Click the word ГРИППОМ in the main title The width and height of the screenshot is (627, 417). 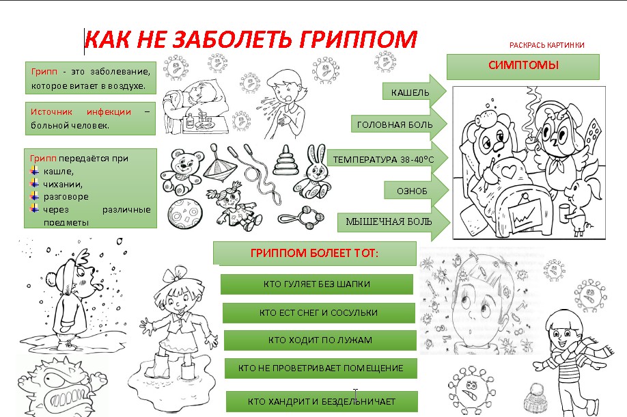point(359,39)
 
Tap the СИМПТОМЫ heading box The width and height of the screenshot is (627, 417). point(523,67)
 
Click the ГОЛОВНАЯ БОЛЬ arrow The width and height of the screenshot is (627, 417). point(399,125)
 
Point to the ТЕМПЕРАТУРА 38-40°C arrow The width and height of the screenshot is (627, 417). point(387,159)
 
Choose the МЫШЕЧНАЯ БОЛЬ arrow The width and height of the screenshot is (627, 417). point(393,222)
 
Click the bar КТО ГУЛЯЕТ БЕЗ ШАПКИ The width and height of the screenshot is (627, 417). point(317,284)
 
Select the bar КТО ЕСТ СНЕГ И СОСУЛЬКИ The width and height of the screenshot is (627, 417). point(319,312)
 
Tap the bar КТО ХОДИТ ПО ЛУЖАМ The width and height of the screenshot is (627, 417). point(320,340)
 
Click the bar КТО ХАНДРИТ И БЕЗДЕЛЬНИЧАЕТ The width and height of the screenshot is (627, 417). point(322,401)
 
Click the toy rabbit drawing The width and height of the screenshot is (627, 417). point(313,172)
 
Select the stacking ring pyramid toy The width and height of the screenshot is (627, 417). point(286,160)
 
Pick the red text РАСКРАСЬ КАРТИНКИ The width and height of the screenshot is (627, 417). point(546,45)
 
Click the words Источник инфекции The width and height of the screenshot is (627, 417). point(81,112)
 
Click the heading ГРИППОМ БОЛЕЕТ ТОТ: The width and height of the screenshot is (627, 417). point(314,253)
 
